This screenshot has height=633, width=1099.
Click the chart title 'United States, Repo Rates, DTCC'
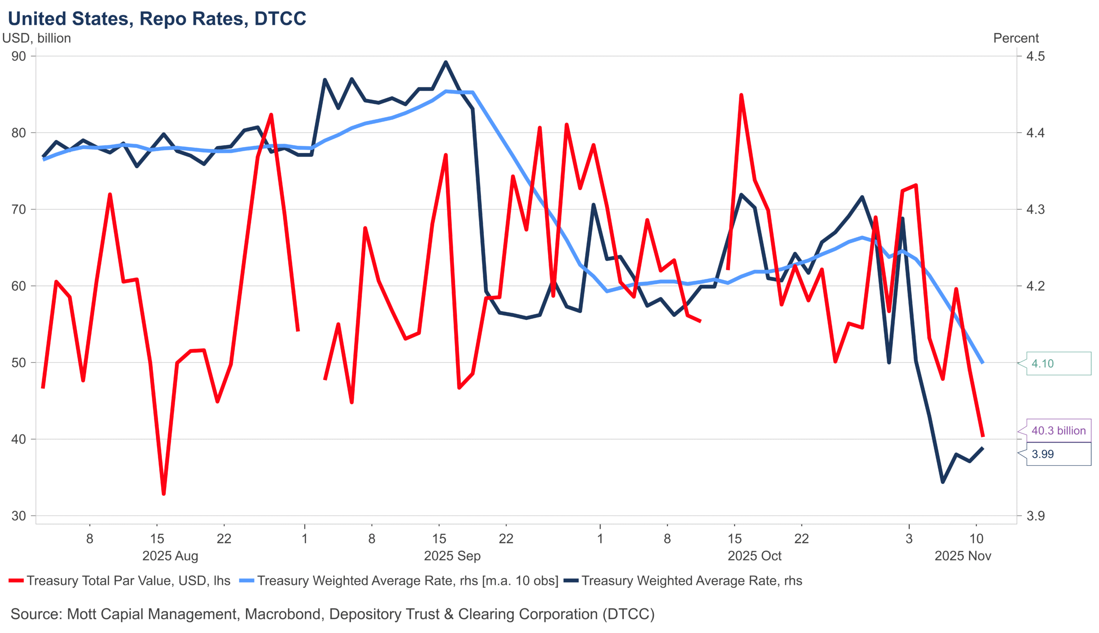click(x=157, y=19)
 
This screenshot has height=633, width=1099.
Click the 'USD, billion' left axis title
click(x=36, y=38)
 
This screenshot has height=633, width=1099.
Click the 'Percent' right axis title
click(x=1015, y=38)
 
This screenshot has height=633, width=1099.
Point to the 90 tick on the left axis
click(x=19, y=56)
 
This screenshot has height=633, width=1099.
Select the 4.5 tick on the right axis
click(x=1035, y=56)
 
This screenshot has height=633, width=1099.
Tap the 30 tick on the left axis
click(x=19, y=516)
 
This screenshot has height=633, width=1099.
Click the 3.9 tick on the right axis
click(x=1035, y=516)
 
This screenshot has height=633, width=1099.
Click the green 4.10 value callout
click(x=1058, y=363)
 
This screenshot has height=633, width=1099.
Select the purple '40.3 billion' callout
click(x=1058, y=431)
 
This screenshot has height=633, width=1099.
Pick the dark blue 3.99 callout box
click(x=1058, y=454)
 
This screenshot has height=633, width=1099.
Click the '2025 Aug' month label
click(x=170, y=556)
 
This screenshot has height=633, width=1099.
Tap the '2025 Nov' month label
click(x=963, y=556)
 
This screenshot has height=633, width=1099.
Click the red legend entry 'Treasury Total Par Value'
click(x=120, y=581)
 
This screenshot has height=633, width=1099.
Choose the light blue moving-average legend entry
click(x=399, y=581)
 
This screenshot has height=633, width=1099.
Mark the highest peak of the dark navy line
click(x=446, y=62)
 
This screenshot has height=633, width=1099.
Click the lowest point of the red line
click(x=164, y=494)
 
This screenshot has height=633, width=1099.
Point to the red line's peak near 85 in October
click(x=741, y=95)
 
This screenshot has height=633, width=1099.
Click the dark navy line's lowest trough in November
click(x=943, y=482)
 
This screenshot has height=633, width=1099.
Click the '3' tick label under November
click(x=909, y=539)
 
